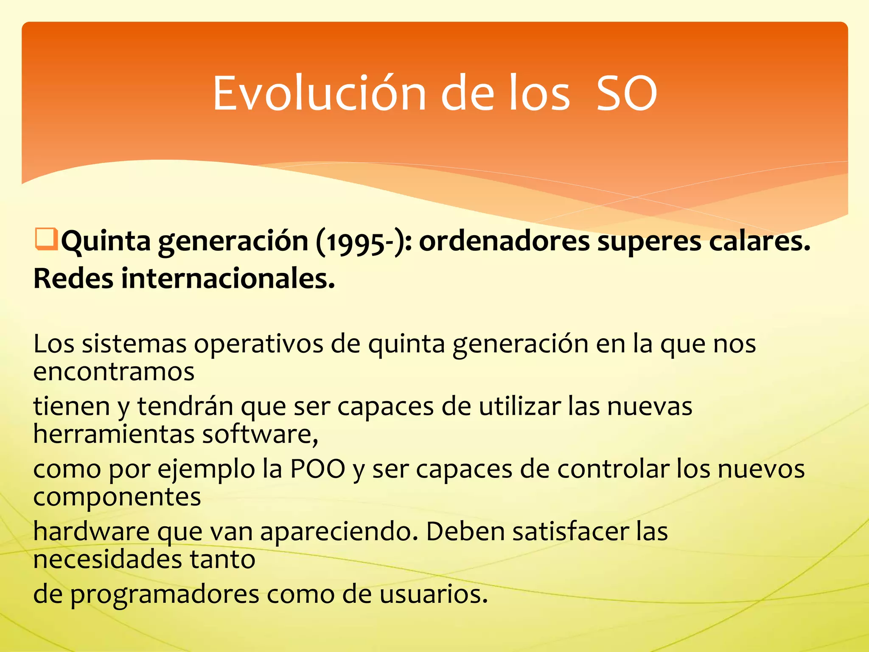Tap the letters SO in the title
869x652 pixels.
point(627,93)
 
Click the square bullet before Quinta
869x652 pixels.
point(45,239)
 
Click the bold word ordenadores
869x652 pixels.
point(504,241)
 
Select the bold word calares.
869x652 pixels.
point(760,241)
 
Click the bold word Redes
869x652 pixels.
point(73,279)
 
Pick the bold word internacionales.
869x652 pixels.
point(228,279)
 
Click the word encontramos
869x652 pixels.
point(114,372)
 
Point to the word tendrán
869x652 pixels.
point(185,406)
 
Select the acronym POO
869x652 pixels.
point(317,469)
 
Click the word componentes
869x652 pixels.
point(117,497)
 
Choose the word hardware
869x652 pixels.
point(91,531)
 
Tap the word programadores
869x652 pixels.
point(165,594)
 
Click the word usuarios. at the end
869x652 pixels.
point(433,594)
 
